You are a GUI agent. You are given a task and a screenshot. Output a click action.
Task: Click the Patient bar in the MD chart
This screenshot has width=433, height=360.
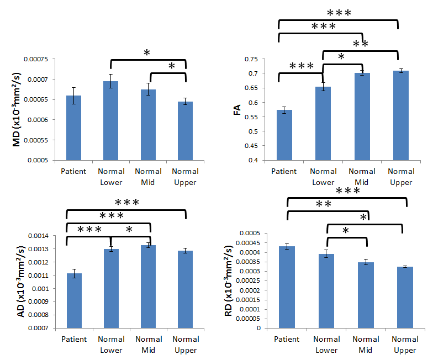pyautogui.click(x=73, y=128)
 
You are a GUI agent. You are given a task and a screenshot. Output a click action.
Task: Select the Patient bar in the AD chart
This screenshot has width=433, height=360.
pyautogui.click(x=74, y=300)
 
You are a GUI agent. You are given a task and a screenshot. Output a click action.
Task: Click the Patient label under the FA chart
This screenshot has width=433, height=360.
pyautogui.click(x=284, y=171)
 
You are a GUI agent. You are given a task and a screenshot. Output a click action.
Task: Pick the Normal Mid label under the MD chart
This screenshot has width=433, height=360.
pyautogui.click(x=148, y=177)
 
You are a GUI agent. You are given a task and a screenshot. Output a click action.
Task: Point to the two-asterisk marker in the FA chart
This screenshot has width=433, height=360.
pyautogui.click(x=360, y=44)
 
